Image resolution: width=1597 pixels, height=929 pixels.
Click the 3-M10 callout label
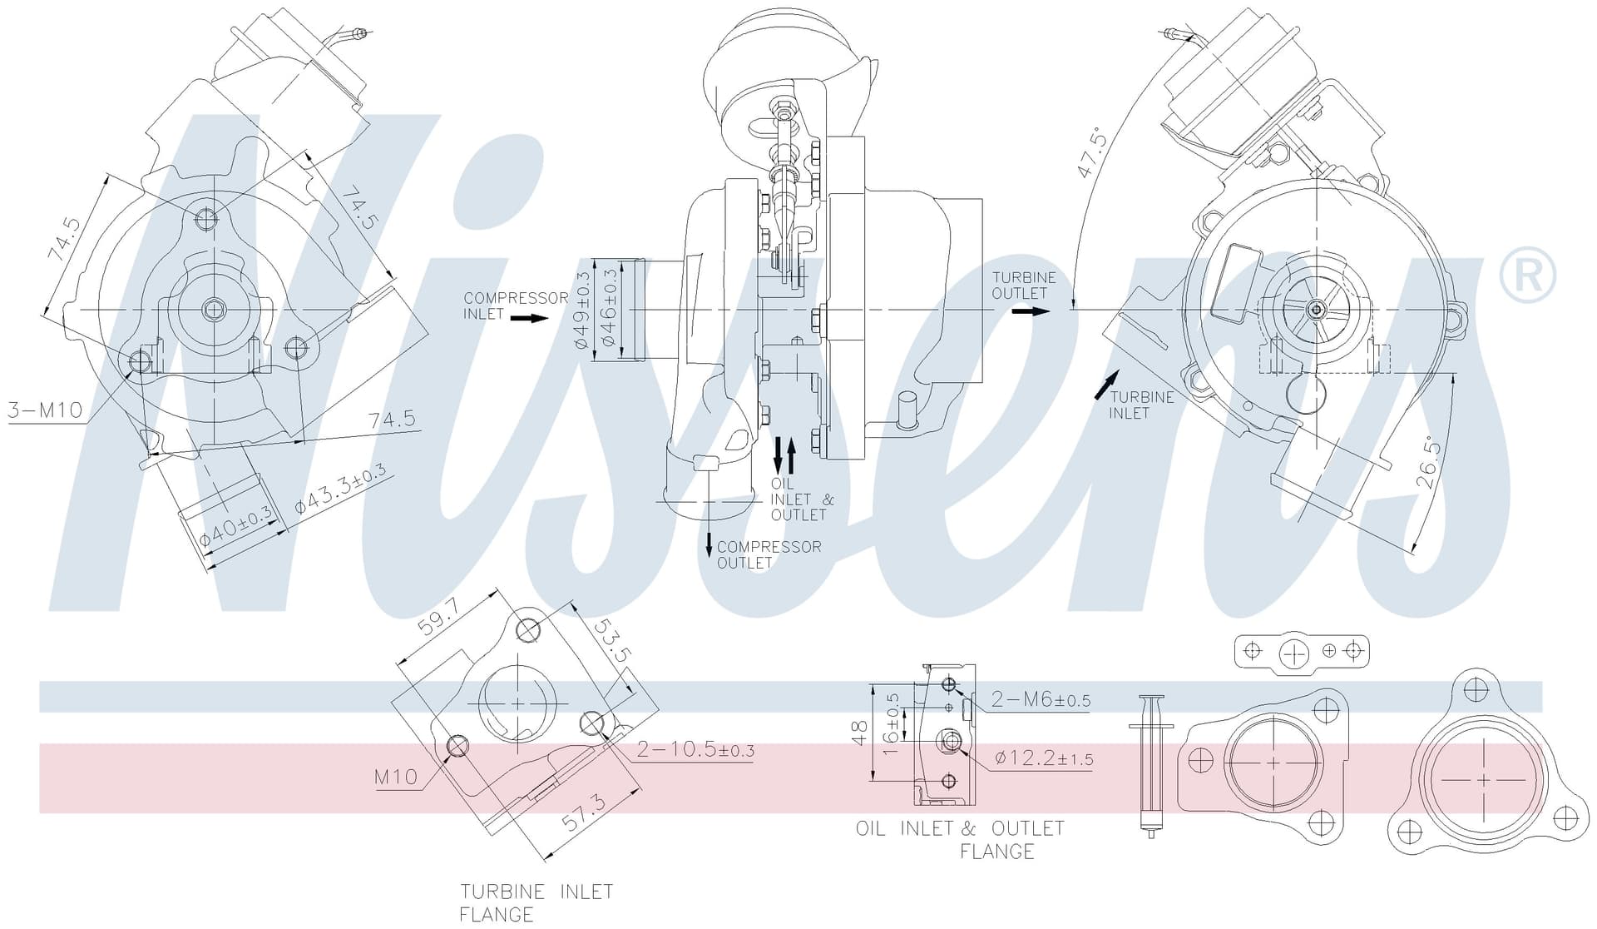(45, 410)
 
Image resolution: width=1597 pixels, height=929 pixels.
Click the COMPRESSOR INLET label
(516, 306)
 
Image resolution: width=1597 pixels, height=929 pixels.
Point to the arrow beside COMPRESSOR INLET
(529, 318)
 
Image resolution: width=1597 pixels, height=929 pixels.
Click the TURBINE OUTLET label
(1023, 286)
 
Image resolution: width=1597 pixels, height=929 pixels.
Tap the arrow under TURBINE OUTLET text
(1031, 311)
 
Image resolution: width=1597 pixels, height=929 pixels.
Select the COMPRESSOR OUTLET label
(769, 554)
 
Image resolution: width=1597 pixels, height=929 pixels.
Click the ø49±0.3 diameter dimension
(581, 310)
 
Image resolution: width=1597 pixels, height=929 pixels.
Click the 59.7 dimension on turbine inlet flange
(438, 617)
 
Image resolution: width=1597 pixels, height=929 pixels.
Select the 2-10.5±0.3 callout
(695, 749)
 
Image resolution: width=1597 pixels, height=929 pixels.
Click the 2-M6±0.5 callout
(1041, 699)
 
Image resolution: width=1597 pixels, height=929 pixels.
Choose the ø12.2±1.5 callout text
(1044, 758)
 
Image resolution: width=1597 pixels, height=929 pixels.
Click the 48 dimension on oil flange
(860, 733)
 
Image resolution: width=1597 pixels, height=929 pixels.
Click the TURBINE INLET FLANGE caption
(536, 903)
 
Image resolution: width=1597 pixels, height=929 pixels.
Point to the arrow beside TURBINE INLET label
(1106, 386)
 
